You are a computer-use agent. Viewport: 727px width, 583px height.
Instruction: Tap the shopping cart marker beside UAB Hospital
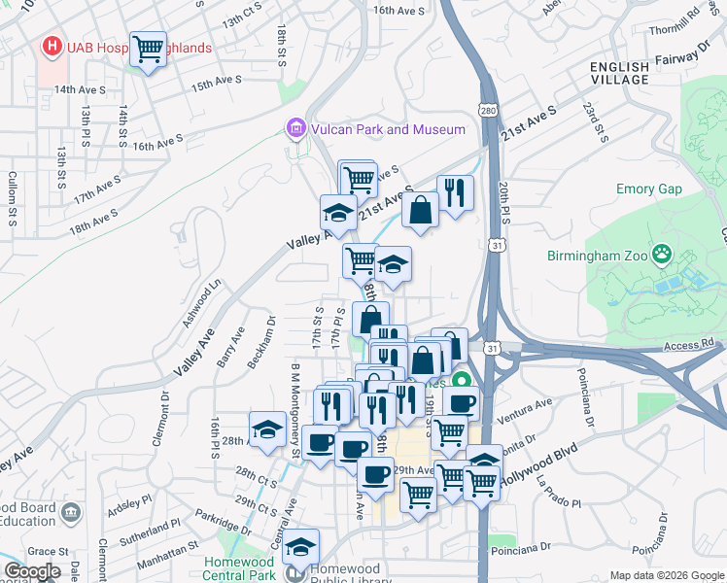click(149, 48)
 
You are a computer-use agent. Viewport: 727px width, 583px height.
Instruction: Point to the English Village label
click(619, 73)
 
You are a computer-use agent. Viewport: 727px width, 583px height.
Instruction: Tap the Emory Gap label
click(648, 189)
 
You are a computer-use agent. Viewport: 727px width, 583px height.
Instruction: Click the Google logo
click(31, 570)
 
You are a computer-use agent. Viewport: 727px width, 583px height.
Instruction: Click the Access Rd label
click(689, 343)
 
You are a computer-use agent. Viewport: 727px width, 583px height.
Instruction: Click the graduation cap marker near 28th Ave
click(268, 428)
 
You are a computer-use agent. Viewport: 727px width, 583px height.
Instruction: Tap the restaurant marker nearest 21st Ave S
click(455, 191)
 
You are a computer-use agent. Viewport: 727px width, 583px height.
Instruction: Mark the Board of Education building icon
click(69, 512)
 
